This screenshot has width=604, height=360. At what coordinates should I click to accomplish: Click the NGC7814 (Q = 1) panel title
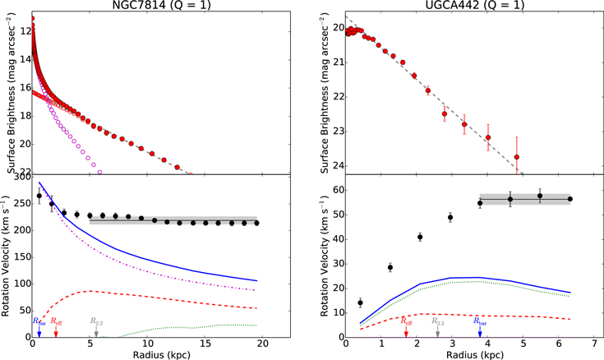(161, 5)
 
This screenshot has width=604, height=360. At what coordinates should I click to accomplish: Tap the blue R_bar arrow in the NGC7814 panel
(39, 331)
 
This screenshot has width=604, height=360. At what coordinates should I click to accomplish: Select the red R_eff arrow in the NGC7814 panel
(56, 331)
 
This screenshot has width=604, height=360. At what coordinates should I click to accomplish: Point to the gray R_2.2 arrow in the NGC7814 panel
(96, 331)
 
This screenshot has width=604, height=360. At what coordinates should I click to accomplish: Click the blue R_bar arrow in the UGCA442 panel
(480, 331)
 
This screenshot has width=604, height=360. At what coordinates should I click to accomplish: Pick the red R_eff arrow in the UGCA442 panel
(406, 331)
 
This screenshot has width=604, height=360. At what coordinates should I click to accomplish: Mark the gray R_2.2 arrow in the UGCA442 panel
(437, 331)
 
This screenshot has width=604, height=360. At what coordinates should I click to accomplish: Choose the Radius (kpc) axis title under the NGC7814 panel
(161, 354)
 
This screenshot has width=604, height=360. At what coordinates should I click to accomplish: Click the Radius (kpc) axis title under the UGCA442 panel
(475, 354)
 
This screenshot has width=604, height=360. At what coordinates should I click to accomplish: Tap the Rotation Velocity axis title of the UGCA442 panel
(325, 256)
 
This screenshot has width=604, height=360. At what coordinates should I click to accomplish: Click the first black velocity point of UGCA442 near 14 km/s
(360, 302)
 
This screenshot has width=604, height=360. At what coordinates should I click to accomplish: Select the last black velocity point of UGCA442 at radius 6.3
(570, 199)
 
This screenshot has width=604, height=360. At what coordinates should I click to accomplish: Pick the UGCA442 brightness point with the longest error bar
(517, 157)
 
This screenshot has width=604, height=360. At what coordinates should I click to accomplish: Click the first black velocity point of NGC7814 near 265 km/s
(39, 196)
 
